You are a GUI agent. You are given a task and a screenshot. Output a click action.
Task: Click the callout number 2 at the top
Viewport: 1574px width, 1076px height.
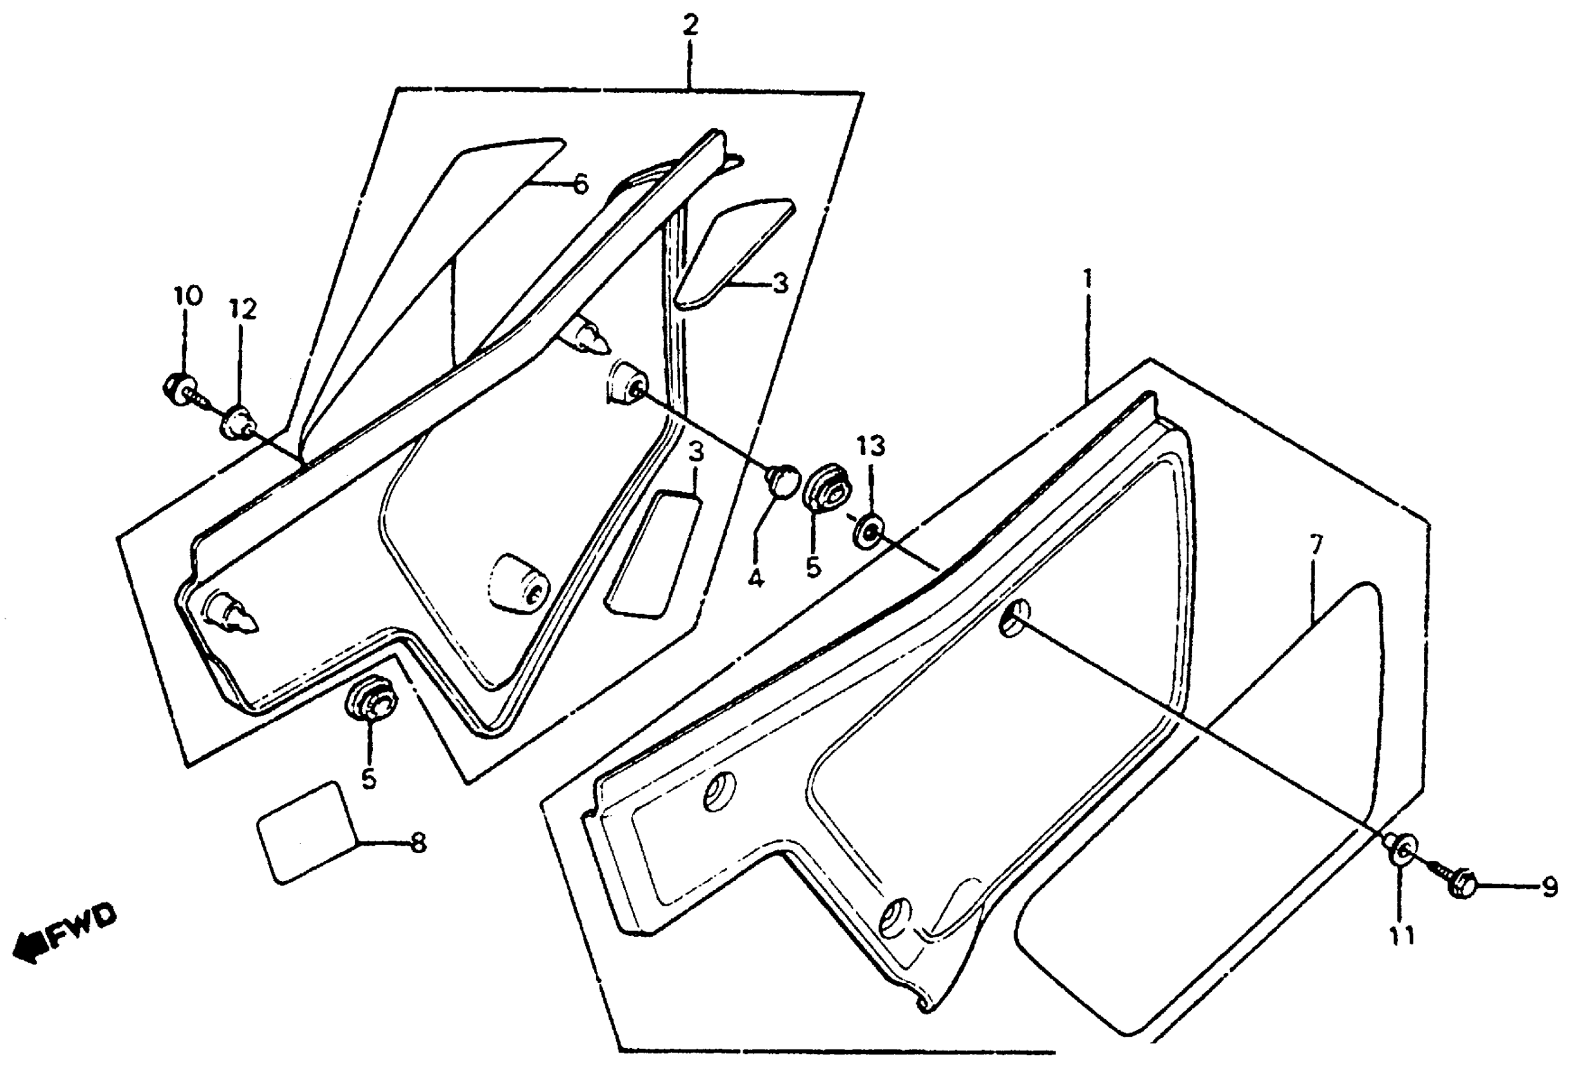(x=689, y=26)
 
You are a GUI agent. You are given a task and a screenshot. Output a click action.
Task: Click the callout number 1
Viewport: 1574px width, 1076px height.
(x=1087, y=278)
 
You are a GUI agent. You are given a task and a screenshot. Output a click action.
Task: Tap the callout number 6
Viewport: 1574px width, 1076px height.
(x=581, y=184)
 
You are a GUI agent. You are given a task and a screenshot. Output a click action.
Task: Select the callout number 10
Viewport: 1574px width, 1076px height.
(x=187, y=296)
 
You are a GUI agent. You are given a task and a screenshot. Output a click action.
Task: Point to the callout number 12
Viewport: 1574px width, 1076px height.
(x=243, y=310)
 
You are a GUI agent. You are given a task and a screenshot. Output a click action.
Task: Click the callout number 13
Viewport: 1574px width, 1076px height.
(x=871, y=446)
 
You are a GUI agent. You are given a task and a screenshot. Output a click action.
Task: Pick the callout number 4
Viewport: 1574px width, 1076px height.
(x=756, y=579)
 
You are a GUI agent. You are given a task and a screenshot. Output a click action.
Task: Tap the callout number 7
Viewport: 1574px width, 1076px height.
(x=1315, y=545)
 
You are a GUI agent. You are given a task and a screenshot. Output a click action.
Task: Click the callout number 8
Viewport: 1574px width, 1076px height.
(x=419, y=843)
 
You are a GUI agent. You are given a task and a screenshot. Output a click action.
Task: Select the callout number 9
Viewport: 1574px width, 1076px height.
(x=1549, y=888)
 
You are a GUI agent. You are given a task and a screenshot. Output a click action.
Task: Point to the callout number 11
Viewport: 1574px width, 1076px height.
(x=1402, y=936)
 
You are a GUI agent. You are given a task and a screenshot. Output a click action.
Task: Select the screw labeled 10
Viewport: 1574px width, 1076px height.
(x=179, y=389)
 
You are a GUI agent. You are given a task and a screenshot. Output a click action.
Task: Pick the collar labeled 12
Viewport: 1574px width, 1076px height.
(x=234, y=422)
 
